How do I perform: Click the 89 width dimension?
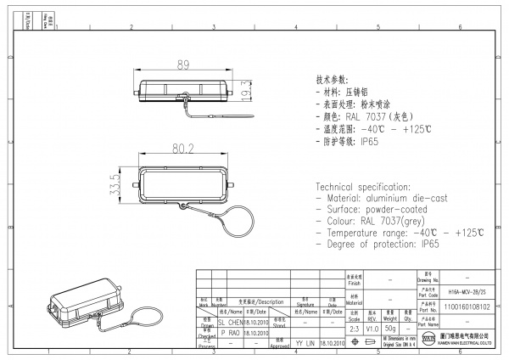[182, 65]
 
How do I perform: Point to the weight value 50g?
[389, 327]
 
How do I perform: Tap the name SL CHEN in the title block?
[232, 323]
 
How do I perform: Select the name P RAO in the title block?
[229, 334]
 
